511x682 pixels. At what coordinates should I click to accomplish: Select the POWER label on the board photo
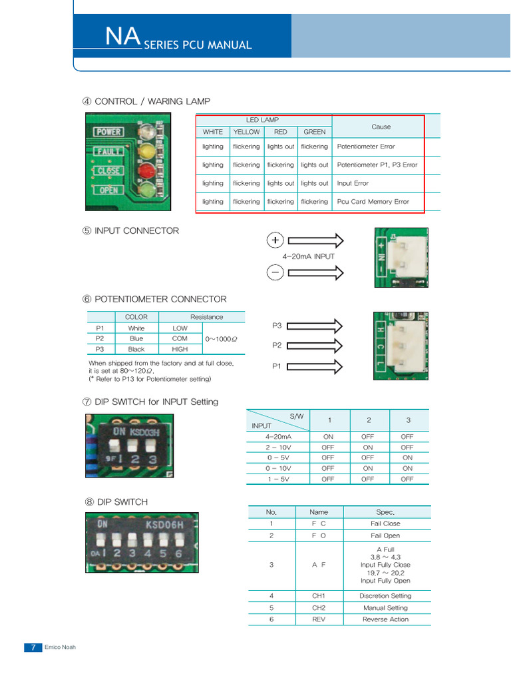pyautogui.click(x=108, y=132)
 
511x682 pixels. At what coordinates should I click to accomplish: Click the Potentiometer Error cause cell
pyautogui.click(x=366, y=147)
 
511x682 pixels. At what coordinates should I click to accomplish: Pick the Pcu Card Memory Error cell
pyautogui.click(x=373, y=201)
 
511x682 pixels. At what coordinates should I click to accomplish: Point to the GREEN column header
pyautogui.click(x=314, y=132)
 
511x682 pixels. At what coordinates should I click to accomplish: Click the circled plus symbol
pyautogui.click(x=275, y=240)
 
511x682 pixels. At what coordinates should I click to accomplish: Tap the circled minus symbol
pyautogui.click(x=275, y=272)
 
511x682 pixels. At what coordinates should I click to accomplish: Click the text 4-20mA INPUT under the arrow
pyautogui.click(x=308, y=256)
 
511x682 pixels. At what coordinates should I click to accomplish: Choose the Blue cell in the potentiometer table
pyautogui.click(x=136, y=338)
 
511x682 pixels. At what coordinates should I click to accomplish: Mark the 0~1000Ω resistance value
pyautogui.click(x=222, y=339)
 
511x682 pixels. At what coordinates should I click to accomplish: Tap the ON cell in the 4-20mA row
pyautogui.click(x=328, y=437)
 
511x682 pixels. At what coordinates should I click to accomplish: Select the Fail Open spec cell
pyautogui.click(x=385, y=535)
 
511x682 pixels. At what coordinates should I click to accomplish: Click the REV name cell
pyautogui.click(x=319, y=619)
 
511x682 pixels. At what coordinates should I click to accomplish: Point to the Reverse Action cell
pyautogui.click(x=385, y=619)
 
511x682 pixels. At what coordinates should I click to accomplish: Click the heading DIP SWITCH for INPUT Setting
pyautogui.click(x=156, y=402)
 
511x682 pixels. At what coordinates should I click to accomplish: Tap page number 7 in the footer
pyautogui.click(x=33, y=647)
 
